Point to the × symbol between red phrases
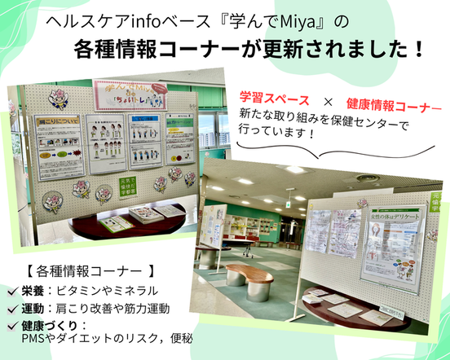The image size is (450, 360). tap(327, 101)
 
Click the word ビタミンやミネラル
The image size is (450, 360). tap(112, 291)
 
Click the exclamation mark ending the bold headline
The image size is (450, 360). tap(417, 50)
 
